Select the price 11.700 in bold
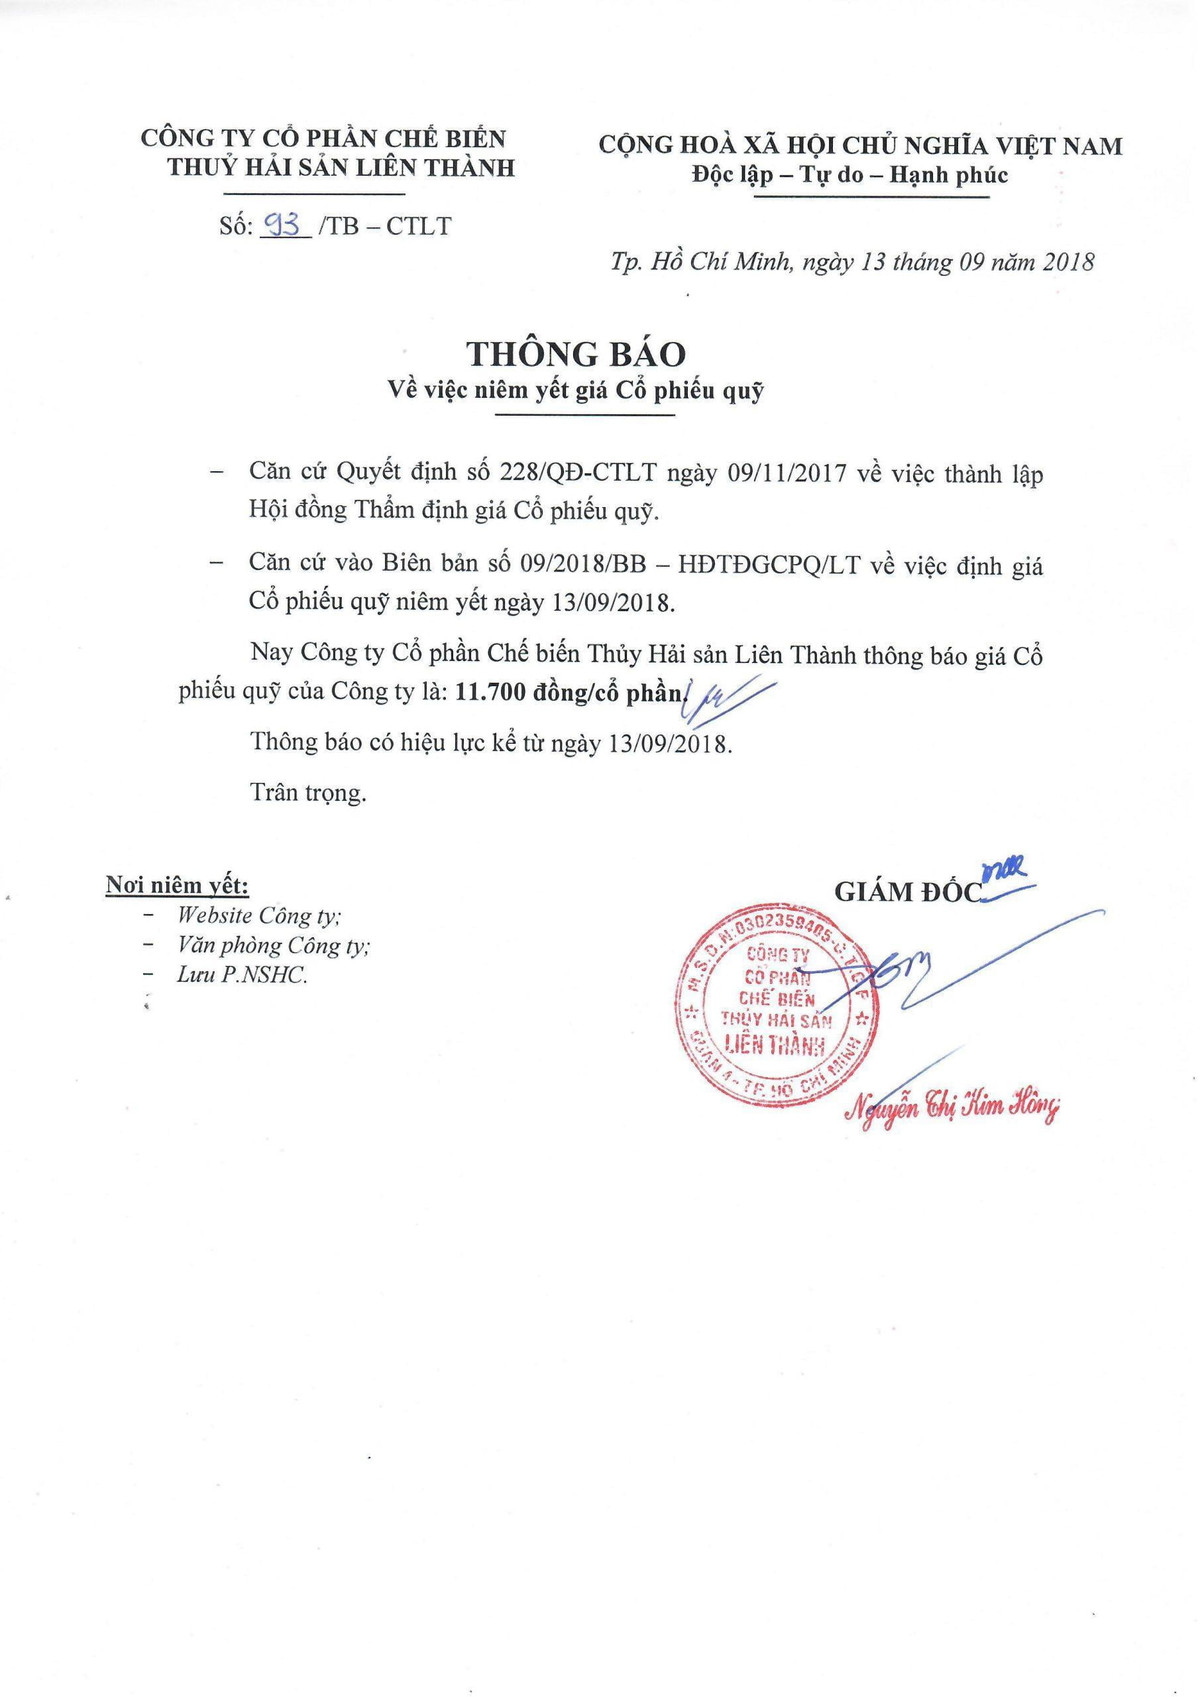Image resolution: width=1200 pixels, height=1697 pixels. [x=488, y=693]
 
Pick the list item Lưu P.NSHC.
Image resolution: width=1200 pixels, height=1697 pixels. [x=242, y=975]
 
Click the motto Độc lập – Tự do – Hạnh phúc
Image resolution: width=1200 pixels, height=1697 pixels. [x=849, y=175]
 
